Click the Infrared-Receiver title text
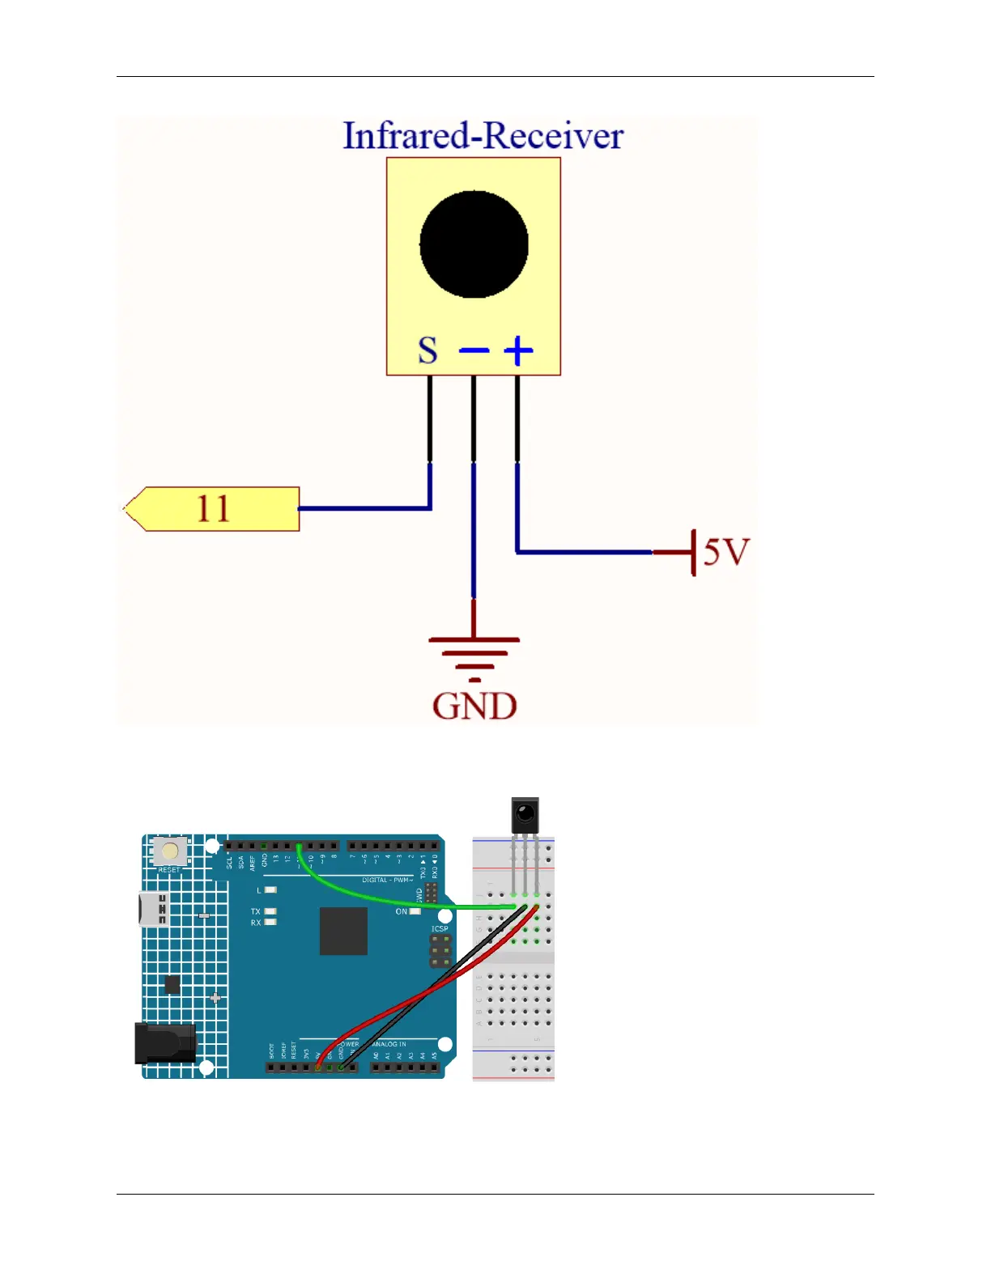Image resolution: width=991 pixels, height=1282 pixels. click(483, 136)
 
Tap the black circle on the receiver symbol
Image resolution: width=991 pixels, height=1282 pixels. click(474, 244)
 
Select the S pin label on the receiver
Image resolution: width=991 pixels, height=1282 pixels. click(427, 351)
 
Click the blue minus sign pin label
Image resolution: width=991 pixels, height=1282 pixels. click(474, 350)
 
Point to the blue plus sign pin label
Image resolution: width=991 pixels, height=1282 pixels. click(518, 351)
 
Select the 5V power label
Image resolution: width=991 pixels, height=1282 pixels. click(726, 552)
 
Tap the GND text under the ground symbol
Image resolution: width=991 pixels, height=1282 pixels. click(474, 706)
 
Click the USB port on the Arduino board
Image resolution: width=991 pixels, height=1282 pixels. click(153, 910)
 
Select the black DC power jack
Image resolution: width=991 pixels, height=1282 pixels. click(165, 1042)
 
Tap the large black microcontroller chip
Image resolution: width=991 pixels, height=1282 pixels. click(343, 931)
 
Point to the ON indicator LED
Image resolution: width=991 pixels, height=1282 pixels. click(415, 911)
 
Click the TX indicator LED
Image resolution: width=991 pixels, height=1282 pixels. click(270, 911)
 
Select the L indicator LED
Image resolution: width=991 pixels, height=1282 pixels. click(270, 890)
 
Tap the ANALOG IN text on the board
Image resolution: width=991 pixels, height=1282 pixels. click(389, 1044)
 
